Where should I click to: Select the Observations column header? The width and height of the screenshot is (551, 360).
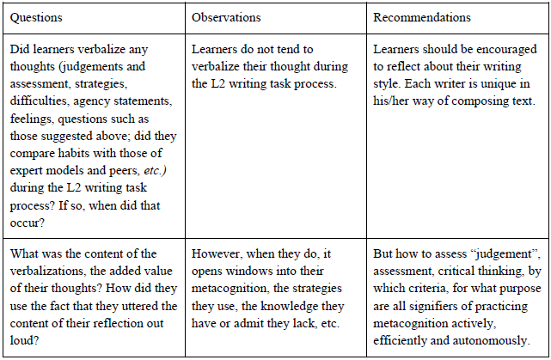click(226, 16)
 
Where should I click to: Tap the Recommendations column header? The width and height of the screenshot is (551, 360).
click(423, 16)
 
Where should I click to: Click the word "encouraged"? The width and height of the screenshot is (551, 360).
click(491, 49)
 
